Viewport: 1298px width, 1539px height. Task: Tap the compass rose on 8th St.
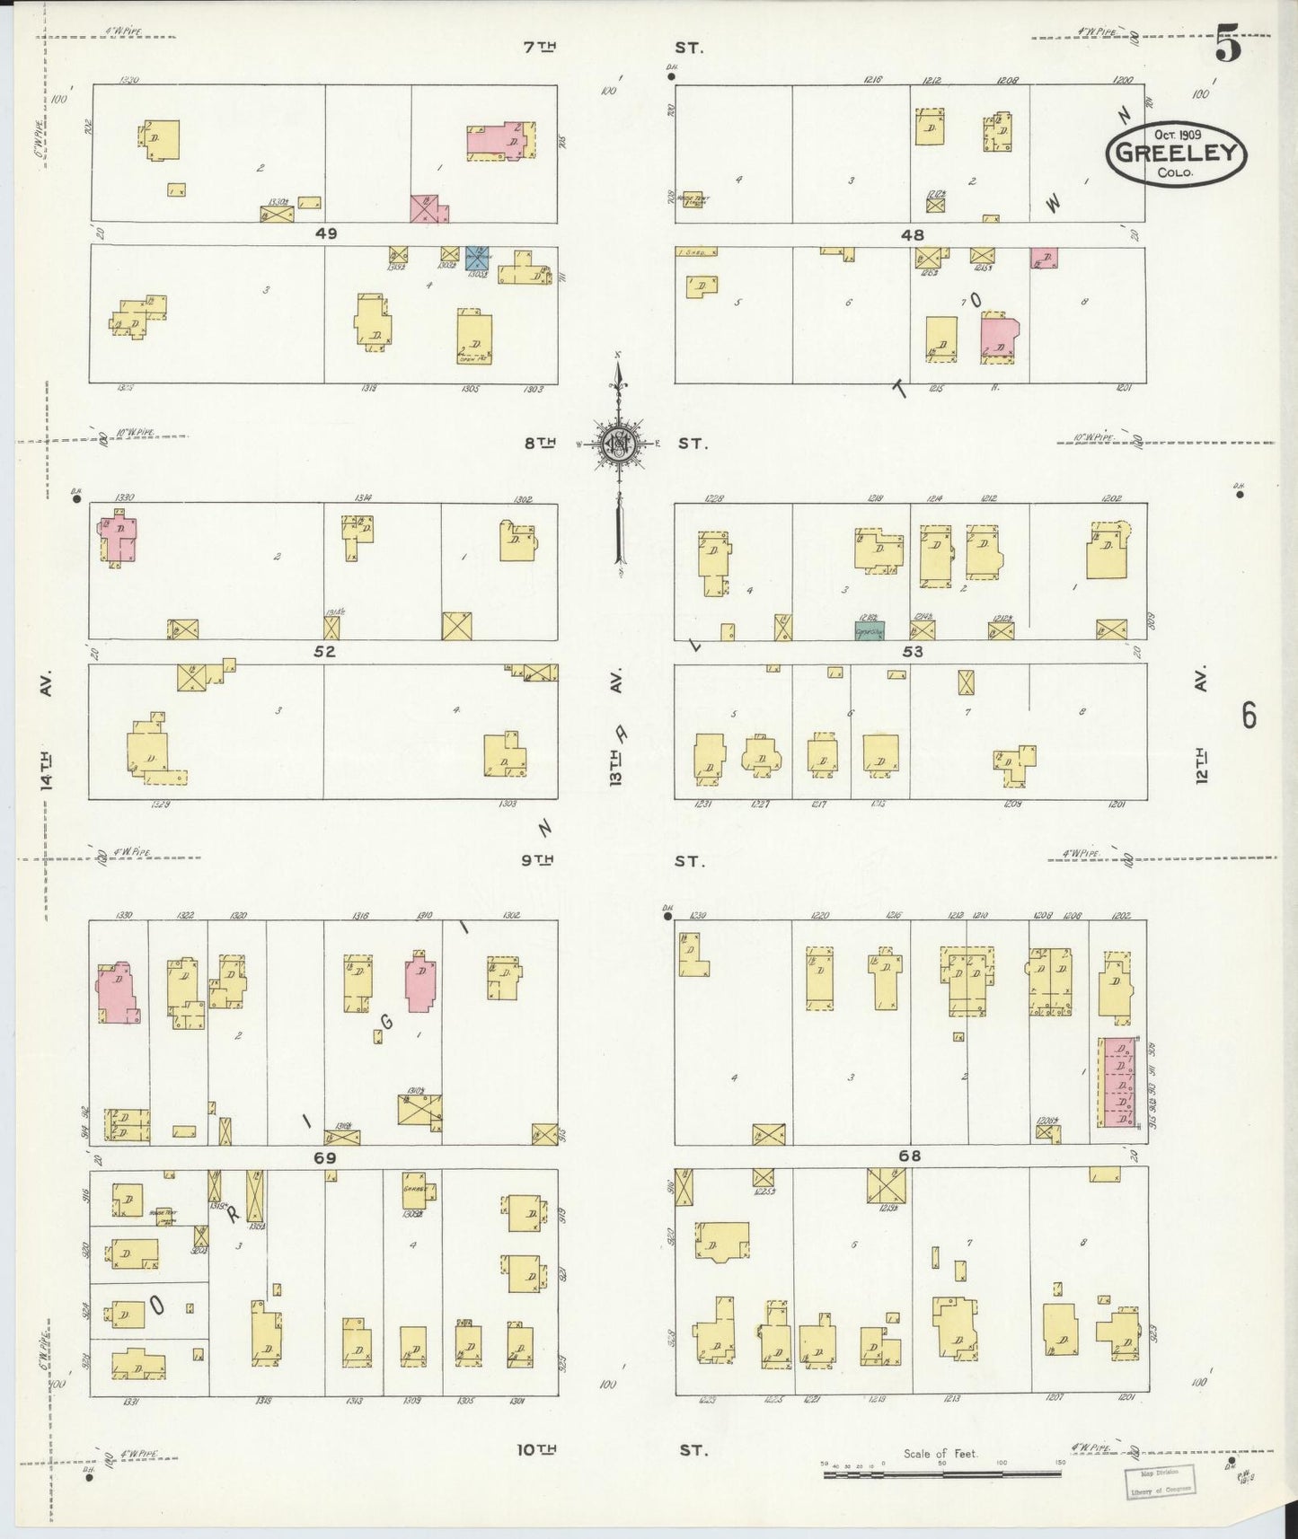click(x=619, y=444)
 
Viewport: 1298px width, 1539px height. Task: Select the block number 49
click(x=325, y=233)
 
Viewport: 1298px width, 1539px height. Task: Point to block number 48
click(x=912, y=234)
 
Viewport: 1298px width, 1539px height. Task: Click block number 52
click(x=324, y=652)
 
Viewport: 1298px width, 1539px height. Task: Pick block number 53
click(x=912, y=652)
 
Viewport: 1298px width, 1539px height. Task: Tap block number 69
click(x=324, y=1158)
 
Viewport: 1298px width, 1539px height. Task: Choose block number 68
click(x=910, y=1156)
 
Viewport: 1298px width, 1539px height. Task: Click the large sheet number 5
click(x=1228, y=47)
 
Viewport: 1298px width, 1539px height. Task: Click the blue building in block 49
click(x=477, y=259)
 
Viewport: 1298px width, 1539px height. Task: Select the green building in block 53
click(x=869, y=629)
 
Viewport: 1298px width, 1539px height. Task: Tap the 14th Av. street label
click(x=46, y=732)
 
